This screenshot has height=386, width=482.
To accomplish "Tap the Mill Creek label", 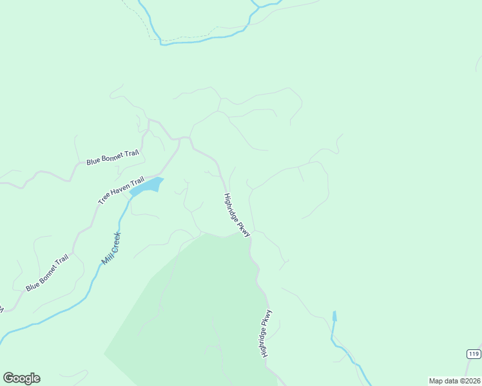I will pos(111,248).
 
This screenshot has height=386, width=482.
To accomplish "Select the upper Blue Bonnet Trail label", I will pos(113,158).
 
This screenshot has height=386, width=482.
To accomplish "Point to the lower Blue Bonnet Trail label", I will pos(47,273).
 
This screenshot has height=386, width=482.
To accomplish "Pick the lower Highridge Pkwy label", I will pos(267,333).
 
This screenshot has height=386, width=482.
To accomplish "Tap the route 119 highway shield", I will pos(474,354).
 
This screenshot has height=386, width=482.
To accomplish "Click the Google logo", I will pos(21,378).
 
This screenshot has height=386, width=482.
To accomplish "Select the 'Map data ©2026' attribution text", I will pos(454,381).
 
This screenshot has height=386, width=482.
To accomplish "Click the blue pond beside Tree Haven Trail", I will pos(148,186).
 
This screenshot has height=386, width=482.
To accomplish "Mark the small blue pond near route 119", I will pos(334,316).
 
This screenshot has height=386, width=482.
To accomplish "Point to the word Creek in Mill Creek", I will pos(114,243).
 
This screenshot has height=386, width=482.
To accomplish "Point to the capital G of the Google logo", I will pos(8,378).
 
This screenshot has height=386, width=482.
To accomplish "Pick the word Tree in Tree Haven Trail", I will pos(104,199).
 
